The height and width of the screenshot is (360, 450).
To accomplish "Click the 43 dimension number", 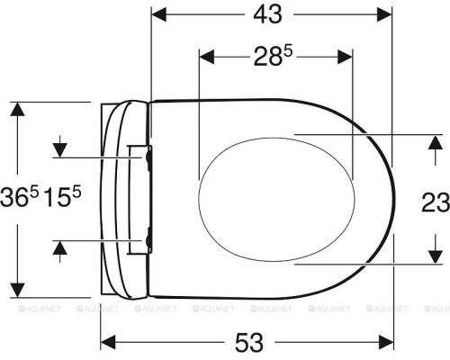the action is click(x=267, y=14).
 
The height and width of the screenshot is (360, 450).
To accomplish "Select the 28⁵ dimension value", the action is click(x=273, y=57).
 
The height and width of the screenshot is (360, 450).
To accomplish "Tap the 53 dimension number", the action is click(x=249, y=342).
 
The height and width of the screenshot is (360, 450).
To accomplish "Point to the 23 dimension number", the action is click(x=436, y=202).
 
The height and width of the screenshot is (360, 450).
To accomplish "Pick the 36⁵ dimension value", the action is click(x=20, y=196).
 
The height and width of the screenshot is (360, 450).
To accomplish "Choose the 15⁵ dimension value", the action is click(x=62, y=196).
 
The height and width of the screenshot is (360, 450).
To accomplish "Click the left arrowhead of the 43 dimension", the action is click(x=159, y=14).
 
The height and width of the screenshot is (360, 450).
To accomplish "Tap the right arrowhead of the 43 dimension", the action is click(x=384, y=14).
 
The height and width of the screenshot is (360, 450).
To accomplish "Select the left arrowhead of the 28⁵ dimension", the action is click(x=207, y=57).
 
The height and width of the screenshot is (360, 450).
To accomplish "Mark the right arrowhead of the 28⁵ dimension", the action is click(x=345, y=57).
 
